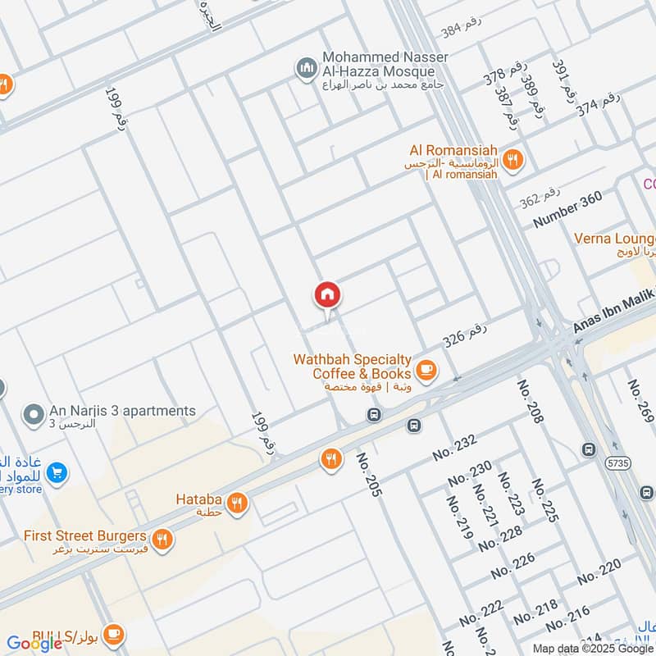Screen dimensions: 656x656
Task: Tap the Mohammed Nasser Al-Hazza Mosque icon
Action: tap(307, 68)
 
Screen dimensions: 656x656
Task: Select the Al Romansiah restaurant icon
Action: tap(513, 159)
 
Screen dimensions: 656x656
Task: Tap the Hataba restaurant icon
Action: tap(237, 503)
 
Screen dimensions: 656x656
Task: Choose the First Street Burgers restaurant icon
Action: tap(163, 539)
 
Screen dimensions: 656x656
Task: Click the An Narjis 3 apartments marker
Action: tap(34, 414)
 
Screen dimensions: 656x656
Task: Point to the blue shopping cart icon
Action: tap(57, 472)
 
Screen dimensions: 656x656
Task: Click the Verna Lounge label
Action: tap(614, 239)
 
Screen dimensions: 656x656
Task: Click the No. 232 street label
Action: tap(454, 448)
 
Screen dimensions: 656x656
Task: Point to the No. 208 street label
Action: tap(531, 403)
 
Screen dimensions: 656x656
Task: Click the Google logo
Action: tap(35, 643)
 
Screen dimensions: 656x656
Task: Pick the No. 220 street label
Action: tap(599, 572)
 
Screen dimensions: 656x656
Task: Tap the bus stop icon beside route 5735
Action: tap(589, 449)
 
